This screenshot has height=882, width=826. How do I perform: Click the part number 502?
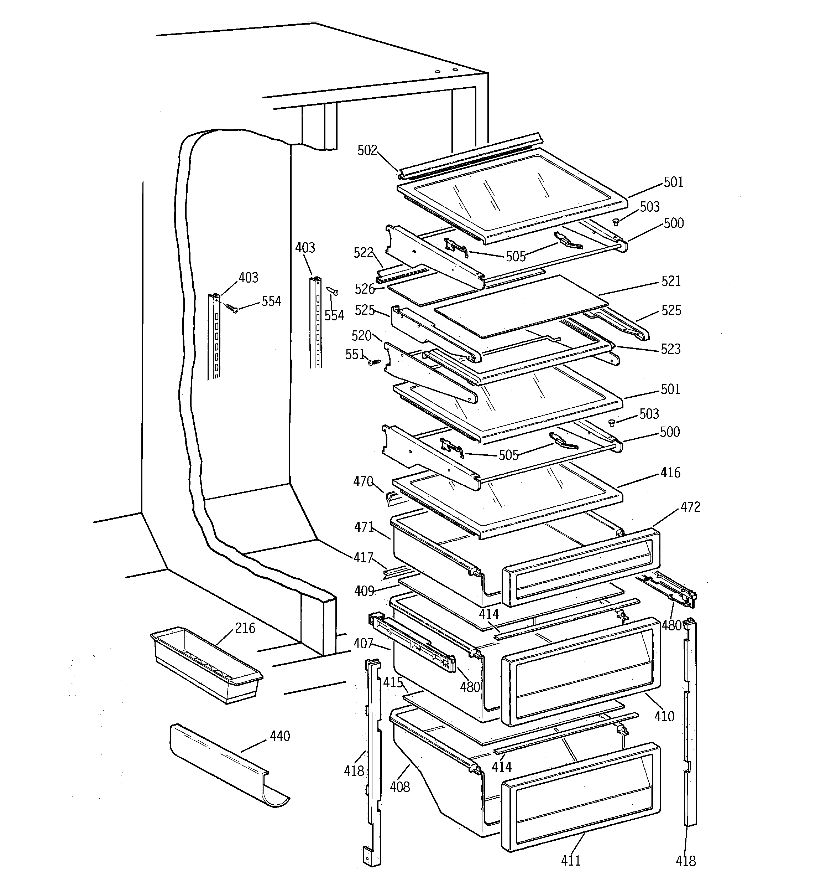point(367,150)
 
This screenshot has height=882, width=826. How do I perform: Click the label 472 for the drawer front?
point(690,507)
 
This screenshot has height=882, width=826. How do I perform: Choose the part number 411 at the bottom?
point(571,861)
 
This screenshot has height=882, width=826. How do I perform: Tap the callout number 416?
point(670,473)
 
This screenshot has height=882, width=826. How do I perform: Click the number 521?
point(670,281)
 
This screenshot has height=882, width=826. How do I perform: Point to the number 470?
point(363,481)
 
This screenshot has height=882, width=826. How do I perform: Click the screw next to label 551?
point(374,362)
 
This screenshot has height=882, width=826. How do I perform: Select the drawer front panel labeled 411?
point(581,796)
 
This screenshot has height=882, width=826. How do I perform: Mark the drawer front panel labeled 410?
point(581,670)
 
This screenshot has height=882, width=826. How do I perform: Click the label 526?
point(365,289)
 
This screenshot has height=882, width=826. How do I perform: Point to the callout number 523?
point(670,349)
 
